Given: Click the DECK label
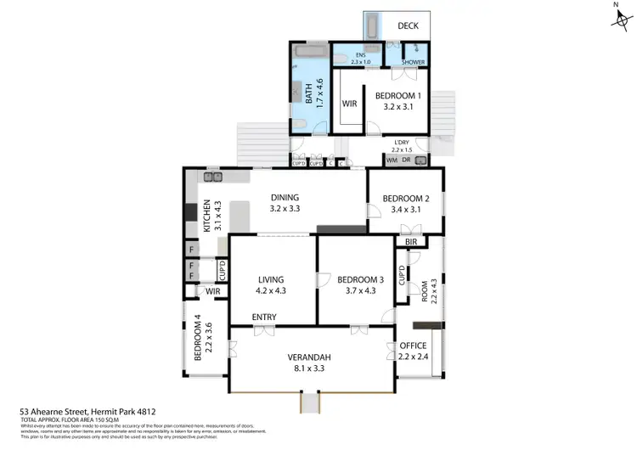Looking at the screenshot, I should pos(408,25).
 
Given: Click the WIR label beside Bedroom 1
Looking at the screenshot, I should pos(349,104).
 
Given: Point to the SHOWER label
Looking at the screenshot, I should pos(414,62).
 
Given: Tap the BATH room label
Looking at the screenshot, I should pos(309,91).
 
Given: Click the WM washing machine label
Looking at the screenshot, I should pos(392,160).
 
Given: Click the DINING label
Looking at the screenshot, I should pos(285,198).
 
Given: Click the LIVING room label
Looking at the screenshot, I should pos(272,279).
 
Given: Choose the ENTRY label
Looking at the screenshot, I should pos(264,318).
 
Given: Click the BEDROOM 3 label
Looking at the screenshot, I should pos(360,279).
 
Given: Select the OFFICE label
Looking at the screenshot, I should pos(413,346).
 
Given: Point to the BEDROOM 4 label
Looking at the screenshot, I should pos(199,338).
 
